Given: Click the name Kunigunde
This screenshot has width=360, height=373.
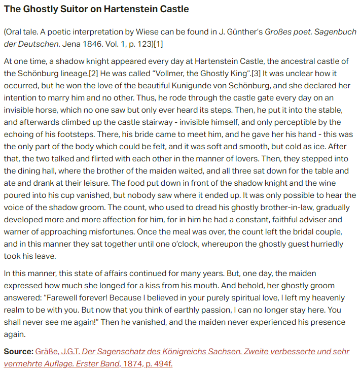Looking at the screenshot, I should click(x=205, y=85).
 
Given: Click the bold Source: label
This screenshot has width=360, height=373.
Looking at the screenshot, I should click(x=18, y=351).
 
